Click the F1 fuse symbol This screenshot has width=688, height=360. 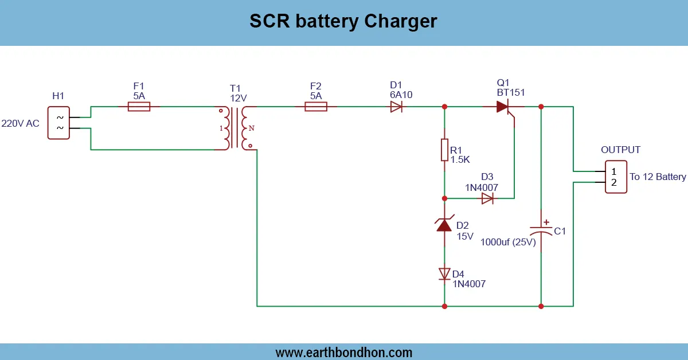tap(139, 107)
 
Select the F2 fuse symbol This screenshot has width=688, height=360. tap(316, 107)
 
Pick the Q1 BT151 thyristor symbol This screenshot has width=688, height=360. tap(503, 107)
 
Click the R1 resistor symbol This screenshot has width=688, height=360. tap(444, 150)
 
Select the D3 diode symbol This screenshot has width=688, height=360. tap(487, 198)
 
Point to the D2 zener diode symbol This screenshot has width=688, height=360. tap(444, 225)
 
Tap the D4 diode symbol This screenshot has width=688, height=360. tap(444, 273)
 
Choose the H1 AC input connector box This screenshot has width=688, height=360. tap(59, 123)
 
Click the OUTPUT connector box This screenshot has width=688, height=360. tap(616, 177)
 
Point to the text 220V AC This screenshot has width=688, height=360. tap(20, 123)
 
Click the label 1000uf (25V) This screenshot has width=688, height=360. tap(507, 242)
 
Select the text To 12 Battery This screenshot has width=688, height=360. tap(658, 177)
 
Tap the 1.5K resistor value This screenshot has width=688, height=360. tap(460, 159)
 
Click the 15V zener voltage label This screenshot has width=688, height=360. tap(465, 236)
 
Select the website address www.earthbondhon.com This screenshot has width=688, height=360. tap(344, 353)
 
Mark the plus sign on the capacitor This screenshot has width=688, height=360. tap(546, 222)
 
